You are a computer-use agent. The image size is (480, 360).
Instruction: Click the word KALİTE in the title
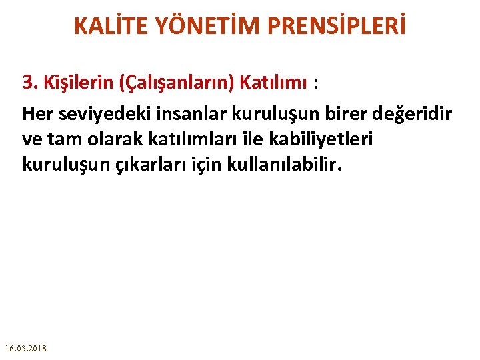click(x=114, y=26)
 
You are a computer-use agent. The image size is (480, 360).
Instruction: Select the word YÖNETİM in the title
click(x=199, y=26)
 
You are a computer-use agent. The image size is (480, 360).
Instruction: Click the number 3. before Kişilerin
click(x=29, y=83)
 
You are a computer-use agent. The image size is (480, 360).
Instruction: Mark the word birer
click(x=322, y=114)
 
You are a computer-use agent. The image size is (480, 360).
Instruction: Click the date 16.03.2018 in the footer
click(x=25, y=349)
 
